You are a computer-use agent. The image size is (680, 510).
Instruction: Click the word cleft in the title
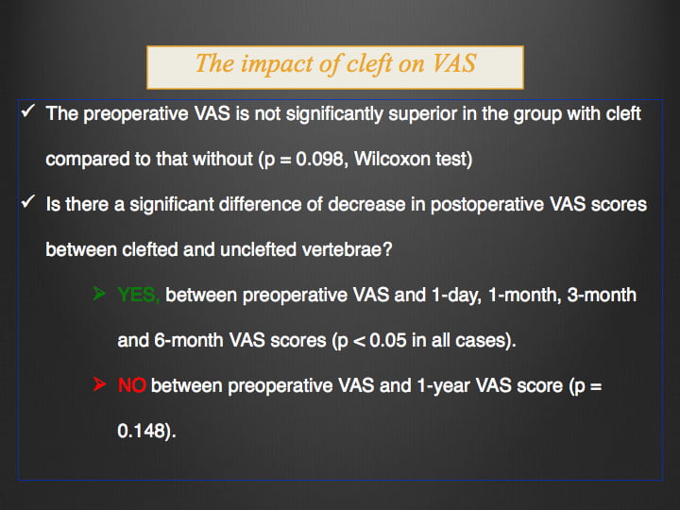tap(369, 64)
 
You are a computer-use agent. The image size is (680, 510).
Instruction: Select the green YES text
tap(139, 296)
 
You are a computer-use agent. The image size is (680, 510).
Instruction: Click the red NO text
tap(132, 385)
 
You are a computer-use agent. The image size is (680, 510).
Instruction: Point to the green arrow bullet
tap(99, 294)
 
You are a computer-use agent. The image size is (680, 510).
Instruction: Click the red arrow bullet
tap(99, 383)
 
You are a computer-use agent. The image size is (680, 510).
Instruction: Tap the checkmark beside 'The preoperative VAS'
tap(27, 111)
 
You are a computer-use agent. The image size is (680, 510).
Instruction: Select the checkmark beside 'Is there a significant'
tap(27, 202)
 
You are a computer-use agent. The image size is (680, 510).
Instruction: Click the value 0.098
tap(320, 160)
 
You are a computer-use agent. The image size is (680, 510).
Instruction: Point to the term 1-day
tap(454, 296)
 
